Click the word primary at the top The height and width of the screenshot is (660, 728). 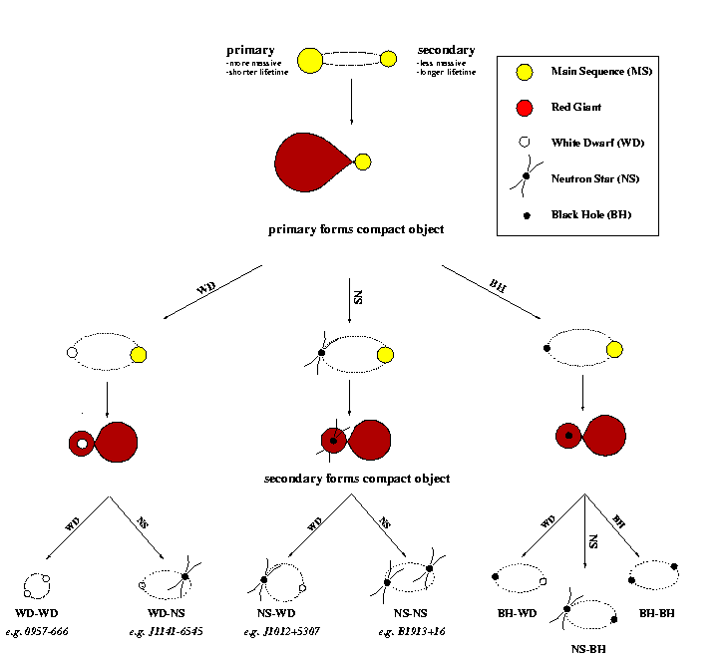pyautogui.click(x=250, y=50)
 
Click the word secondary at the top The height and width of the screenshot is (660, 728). pyautogui.click(x=446, y=50)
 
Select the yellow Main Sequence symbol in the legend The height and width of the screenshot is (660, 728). pyautogui.click(x=525, y=71)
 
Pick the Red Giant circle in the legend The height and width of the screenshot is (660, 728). pyautogui.click(x=525, y=107)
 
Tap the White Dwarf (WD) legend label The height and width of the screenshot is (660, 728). pyautogui.click(x=597, y=143)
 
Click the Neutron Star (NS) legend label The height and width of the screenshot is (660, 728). pyautogui.click(x=595, y=178)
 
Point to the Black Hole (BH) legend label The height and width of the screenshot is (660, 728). pyautogui.click(x=591, y=214)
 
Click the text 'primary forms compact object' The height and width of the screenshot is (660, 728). pyautogui.click(x=356, y=229)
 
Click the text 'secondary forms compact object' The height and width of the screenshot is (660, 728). pyautogui.click(x=356, y=479)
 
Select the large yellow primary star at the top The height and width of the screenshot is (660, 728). pyautogui.click(x=310, y=60)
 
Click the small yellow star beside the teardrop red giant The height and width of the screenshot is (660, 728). pyautogui.click(x=363, y=162)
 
